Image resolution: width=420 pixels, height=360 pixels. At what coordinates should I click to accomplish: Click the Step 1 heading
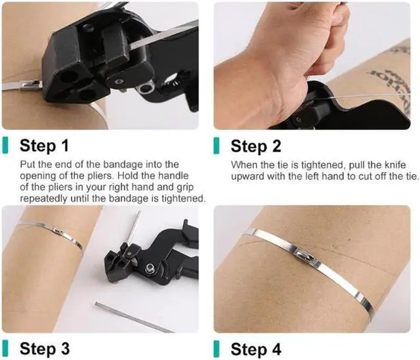point(44,146)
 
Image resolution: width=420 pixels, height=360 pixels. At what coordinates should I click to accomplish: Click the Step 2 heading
point(256,146)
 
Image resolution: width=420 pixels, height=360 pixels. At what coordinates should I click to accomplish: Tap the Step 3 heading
point(45,348)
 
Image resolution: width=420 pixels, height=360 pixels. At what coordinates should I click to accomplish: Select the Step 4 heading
point(256,349)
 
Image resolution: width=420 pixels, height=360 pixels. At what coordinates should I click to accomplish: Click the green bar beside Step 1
point(5,146)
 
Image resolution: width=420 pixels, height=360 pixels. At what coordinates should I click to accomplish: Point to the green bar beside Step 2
point(217,146)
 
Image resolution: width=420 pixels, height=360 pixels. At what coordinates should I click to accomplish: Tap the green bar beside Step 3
point(5,348)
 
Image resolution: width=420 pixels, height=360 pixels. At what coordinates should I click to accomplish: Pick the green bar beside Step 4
point(217,349)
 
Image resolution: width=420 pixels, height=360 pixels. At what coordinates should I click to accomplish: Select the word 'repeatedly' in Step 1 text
point(44,199)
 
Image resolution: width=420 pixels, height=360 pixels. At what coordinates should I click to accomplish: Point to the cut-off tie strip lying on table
point(134,317)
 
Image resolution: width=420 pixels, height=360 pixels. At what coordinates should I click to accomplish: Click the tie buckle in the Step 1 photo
point(31,85)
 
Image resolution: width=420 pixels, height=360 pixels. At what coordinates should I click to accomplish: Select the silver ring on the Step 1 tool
point(145,87)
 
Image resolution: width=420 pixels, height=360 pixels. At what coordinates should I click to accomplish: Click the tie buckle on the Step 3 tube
point(58,231)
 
